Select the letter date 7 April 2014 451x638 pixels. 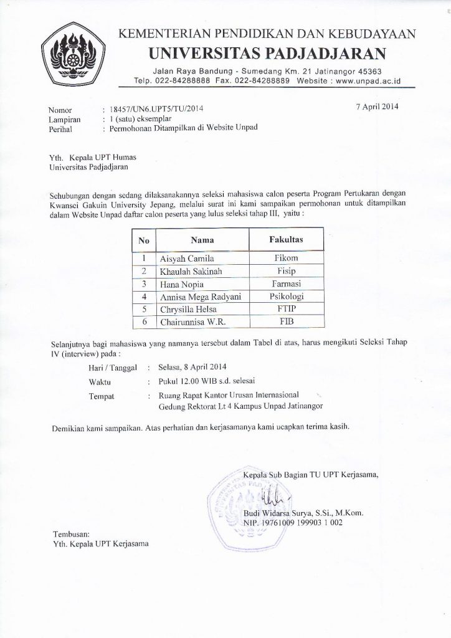(377, 106)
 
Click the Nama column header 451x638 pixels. (202, 239)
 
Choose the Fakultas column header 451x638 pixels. (286, 239)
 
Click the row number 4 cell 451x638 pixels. (144, 297)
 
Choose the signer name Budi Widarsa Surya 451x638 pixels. (286, 513)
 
